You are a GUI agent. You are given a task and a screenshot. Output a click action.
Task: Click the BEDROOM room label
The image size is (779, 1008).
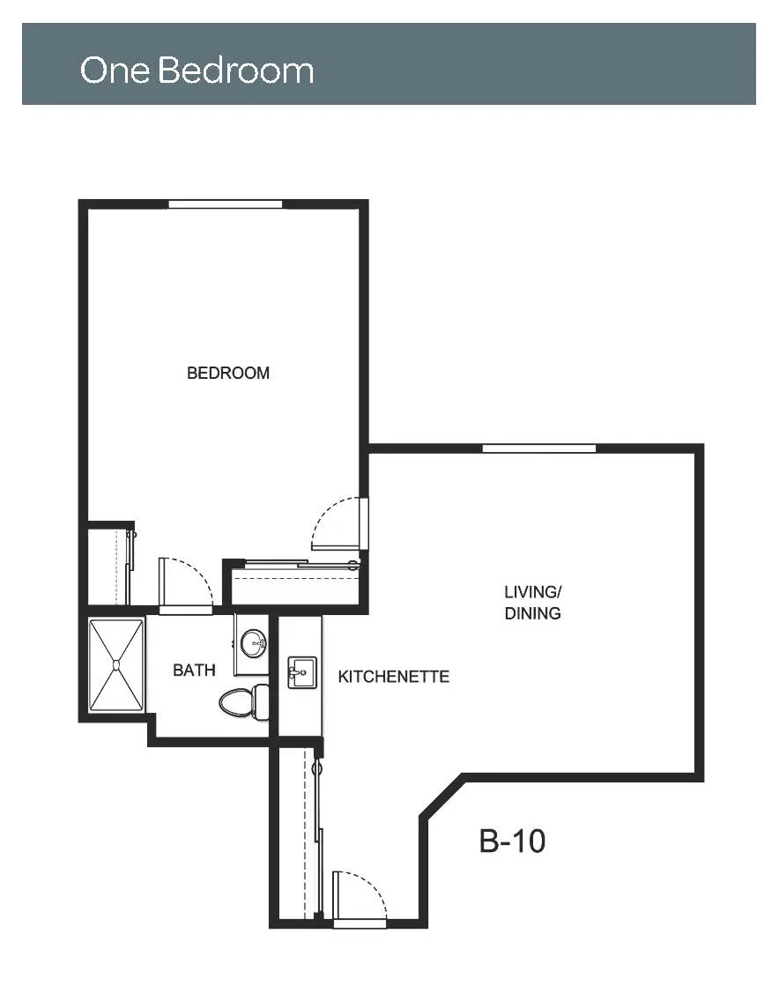228,373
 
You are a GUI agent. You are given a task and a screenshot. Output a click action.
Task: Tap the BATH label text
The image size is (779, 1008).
194,671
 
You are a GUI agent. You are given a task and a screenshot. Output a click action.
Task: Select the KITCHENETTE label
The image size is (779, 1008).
393,677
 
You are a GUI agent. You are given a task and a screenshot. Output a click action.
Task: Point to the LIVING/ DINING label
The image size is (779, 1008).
532,603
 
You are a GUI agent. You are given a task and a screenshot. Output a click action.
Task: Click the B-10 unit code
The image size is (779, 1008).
512,841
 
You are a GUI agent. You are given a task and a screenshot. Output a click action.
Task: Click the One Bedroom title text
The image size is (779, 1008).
197,70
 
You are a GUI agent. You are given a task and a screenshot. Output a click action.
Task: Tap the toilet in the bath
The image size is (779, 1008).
244,702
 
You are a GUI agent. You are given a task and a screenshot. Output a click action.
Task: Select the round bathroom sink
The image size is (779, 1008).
253,643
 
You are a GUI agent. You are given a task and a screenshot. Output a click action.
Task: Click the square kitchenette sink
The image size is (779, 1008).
301,672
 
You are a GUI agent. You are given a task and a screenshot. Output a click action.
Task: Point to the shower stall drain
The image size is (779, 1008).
116,664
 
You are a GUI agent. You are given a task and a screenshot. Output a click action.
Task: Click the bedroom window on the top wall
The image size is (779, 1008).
225,204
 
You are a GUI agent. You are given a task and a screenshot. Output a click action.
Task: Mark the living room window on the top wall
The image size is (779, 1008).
538,448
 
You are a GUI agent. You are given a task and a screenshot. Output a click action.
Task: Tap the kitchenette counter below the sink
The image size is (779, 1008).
300,714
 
